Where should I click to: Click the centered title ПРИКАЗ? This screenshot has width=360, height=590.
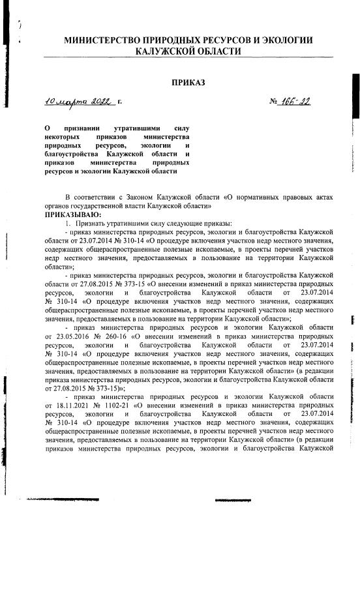[x=188, y=83]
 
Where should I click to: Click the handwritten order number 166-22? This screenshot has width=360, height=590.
[x=297, y=102]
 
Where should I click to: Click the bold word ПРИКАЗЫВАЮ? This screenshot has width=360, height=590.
[x=72, y=214]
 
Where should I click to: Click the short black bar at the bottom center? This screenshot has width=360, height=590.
[x=232, y=501]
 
